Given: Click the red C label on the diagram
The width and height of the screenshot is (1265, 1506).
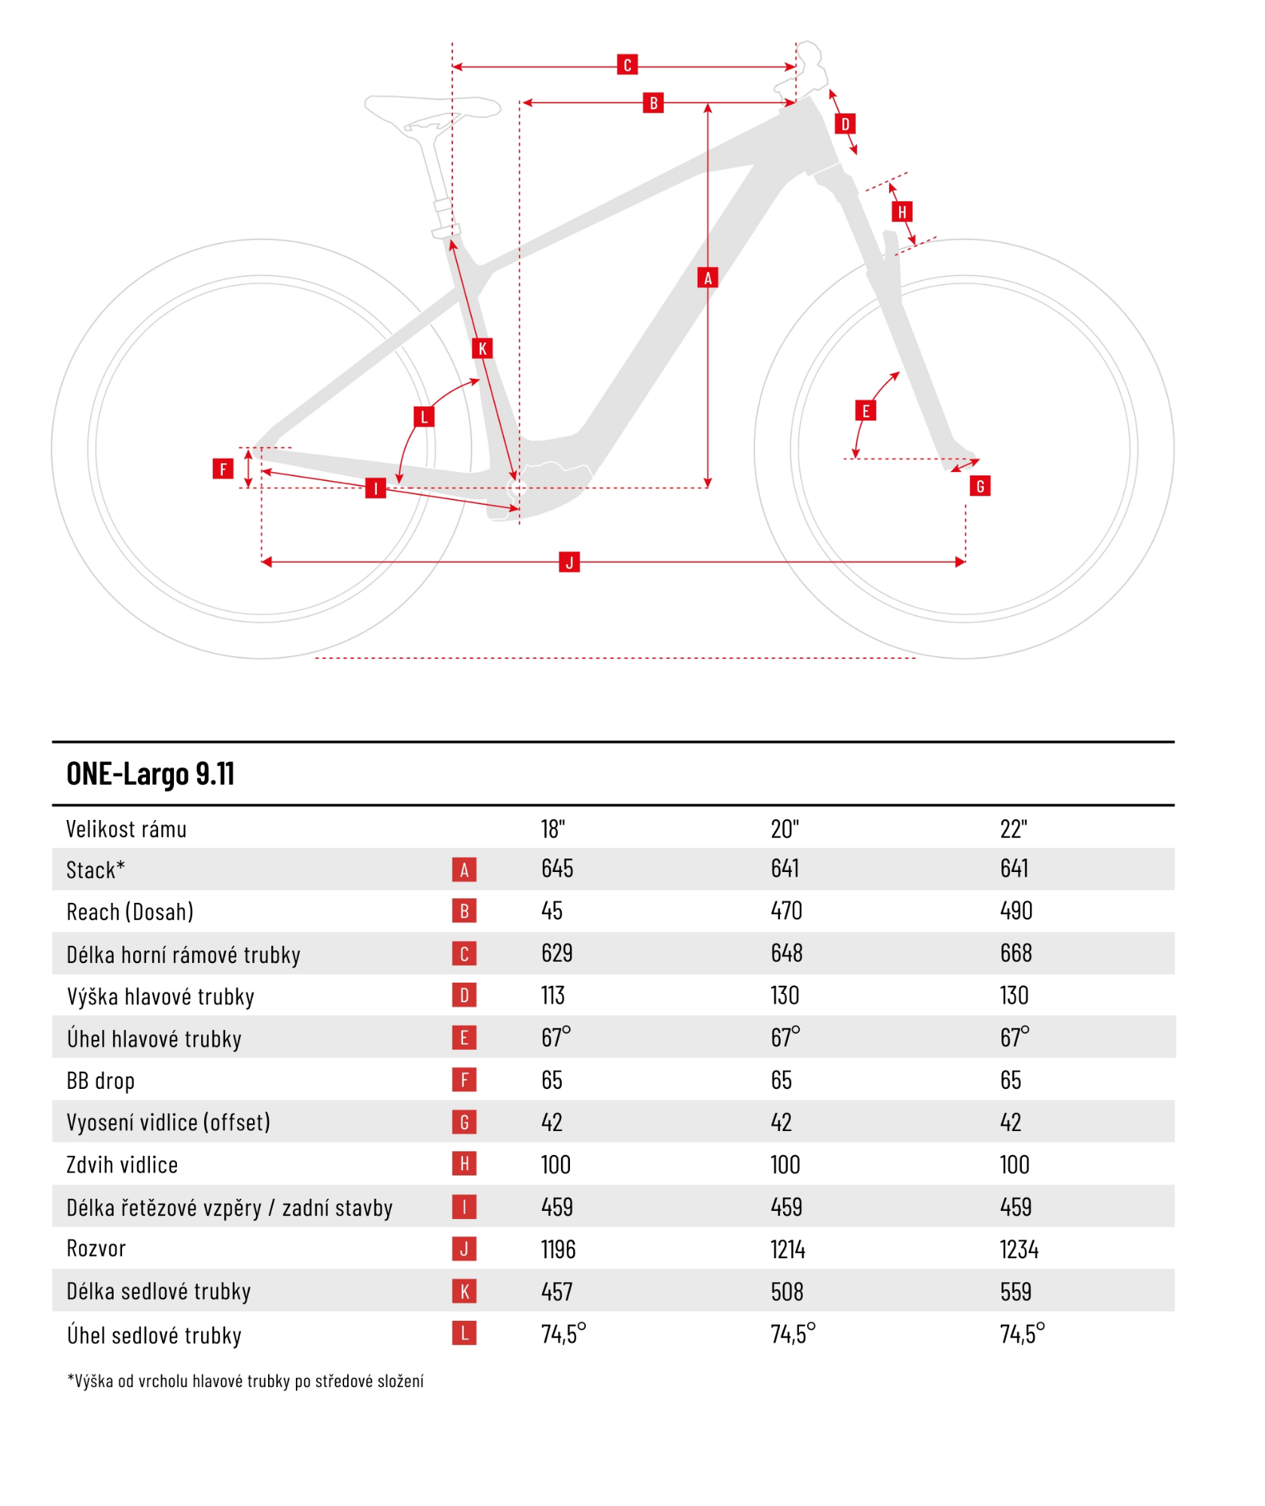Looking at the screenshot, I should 627,65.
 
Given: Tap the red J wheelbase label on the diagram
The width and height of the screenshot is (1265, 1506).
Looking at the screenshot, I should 569,562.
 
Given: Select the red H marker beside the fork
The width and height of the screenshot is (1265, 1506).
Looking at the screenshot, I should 901,212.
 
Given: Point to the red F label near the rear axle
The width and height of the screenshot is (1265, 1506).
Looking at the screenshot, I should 223,469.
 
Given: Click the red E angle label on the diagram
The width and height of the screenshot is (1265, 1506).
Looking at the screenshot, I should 865,410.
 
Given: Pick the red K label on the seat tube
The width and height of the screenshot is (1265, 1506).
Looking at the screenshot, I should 482,348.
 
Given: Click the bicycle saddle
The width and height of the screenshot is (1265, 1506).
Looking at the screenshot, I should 433,109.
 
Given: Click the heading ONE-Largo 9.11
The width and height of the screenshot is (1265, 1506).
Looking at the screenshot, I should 151,774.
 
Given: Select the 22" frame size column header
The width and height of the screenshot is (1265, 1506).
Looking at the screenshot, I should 1014,829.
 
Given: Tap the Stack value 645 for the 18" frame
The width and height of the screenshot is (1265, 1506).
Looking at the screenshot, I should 557,869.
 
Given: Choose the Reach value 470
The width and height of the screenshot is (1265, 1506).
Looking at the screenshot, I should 786,911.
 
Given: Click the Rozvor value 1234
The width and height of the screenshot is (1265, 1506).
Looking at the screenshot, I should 1019,1250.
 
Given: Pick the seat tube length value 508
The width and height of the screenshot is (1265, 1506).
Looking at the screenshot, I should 787,1292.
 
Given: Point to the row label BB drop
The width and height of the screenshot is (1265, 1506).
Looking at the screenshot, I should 101,1081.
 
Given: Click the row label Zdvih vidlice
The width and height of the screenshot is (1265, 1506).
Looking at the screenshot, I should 122,1165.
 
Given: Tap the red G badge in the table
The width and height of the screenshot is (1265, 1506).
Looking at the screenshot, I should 464,1123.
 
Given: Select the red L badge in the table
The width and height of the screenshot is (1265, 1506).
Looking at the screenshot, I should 464,1334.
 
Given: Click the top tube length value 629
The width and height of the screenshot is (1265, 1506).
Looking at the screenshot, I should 557,953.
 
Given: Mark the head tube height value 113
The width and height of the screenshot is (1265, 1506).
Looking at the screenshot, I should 553,995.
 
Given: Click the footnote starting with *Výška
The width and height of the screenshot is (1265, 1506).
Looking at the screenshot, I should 245,1381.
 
